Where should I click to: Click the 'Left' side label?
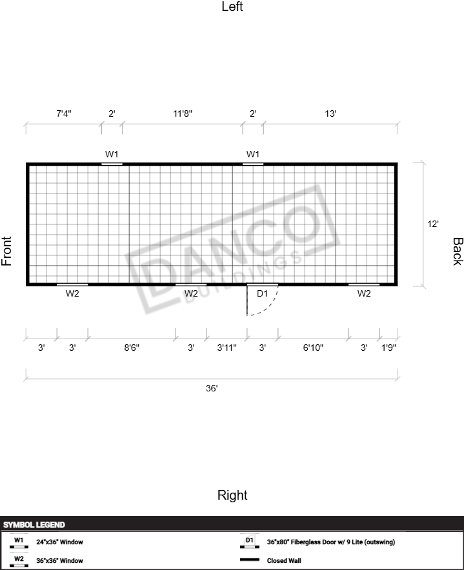[x=232, y=6]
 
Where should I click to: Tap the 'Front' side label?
[x=6, y=251]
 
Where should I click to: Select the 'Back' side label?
[x=458, y=251]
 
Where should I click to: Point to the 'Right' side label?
[x=232, y=495]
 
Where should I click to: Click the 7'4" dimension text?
[x=64, y=113]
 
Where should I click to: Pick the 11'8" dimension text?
[x=183, y=113]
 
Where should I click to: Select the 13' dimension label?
[x=330, y=113]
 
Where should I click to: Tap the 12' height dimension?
[x=433, y=224]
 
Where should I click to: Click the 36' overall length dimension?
[x=212, y=388]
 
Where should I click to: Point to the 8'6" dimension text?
[x=132, y=348]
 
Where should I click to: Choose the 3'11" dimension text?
[x=227, y=348]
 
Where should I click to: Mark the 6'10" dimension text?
[x=313, y=348]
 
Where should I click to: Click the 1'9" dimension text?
[x=388, y=348]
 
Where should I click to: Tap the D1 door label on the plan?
[x=262, y=293]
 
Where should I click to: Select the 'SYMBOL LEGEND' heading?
[x=34, y=525]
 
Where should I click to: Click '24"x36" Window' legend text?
[x=59, y=542]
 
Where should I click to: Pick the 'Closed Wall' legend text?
[x=284, y=560]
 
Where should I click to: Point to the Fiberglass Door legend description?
[x=331, y=542]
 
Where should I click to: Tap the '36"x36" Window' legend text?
[x=59, y=560]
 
